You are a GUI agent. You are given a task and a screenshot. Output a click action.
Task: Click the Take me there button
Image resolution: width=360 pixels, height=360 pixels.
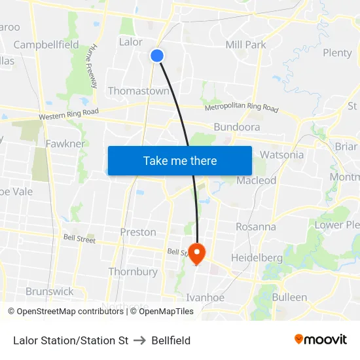(x=180, y=160)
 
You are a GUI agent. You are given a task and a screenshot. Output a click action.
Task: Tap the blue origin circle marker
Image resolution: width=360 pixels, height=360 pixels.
(x=157, y=56)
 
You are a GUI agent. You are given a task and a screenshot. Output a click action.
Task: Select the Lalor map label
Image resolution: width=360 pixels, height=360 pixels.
(x=131, y=42)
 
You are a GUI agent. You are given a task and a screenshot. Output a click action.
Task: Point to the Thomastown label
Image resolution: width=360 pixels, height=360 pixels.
(x=138, y=91)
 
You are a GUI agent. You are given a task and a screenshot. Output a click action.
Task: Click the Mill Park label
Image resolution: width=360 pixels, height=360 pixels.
(x=245, y=45)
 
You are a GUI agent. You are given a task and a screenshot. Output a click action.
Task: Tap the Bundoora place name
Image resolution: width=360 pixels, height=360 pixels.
(x=237, y=127)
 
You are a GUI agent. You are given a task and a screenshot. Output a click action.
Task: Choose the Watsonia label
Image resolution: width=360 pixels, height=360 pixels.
(x=281, y=155)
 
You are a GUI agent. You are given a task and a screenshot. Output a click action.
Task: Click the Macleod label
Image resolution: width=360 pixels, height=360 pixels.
(x=257, y=180)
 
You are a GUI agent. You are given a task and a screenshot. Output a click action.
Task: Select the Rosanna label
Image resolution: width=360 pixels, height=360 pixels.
(x=256, y=226)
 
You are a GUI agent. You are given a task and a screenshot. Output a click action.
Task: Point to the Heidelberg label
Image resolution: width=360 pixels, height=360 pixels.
(x=257, y=258)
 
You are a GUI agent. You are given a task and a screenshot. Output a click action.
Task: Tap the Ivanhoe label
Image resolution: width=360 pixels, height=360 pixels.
(x=206, y=297)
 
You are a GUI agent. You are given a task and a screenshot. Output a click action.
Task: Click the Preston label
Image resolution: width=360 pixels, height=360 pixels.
(x=138, y=232)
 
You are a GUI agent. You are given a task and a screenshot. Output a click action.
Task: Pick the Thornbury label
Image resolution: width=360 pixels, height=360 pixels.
(x=133, y=272)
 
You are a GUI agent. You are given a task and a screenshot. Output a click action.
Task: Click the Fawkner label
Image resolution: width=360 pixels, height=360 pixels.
(x=65, y=143)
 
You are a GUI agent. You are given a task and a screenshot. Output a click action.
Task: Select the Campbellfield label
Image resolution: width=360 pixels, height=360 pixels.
(x=46, y=45)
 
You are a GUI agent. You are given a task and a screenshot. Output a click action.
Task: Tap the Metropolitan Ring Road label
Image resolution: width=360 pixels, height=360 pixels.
(x=242, y=108)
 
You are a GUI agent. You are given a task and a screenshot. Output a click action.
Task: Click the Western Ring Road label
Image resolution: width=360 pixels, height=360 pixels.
(x=69, y=114)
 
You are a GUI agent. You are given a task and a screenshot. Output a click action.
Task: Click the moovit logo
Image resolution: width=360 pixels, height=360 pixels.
(x=320, y=340)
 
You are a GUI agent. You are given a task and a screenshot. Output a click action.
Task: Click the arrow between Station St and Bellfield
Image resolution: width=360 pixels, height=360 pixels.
(x=139, y=340)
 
